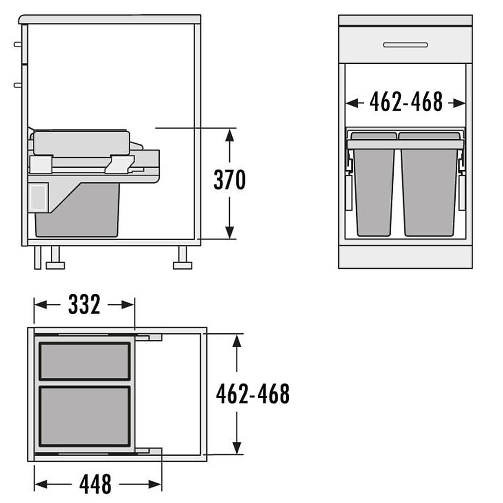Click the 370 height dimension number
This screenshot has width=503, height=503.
pyautogui.click(x=229, y=179)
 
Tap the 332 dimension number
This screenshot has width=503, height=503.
pyautogui.click(x=84, y=304)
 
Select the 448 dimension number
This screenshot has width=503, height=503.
pyautogui.click(x=95, y=484)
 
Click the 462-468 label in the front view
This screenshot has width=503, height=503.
pyautogui.click(x=406, y=101)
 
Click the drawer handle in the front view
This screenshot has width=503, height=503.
pyautogui.click(x=405, y=45)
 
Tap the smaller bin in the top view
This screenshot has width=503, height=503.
pyautogui.click(x=85, y=361)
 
